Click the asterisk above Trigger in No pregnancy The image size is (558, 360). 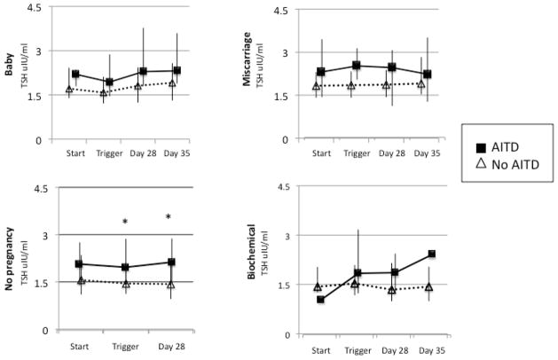coord(126,223)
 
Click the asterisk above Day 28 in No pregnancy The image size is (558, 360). coord(169,217)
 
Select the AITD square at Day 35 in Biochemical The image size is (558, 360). coord(430,254)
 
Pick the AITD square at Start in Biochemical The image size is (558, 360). coord(320,300)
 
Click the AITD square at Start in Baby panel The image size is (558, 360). coord(75,74)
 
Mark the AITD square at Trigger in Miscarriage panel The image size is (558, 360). coord(357,66)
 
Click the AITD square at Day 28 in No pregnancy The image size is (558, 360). coord(170,262)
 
